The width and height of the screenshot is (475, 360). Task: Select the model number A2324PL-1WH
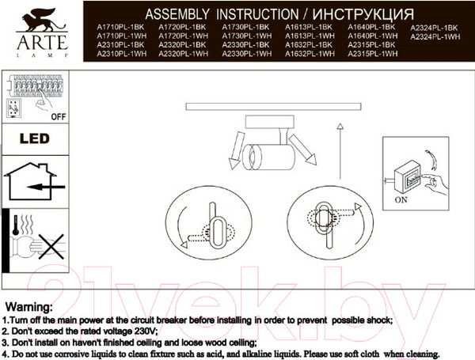(435, 37)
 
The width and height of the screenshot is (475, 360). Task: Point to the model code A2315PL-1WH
(372, 55)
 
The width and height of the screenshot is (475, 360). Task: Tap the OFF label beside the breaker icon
(58, 116)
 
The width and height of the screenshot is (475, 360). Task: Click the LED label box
(34, 138)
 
